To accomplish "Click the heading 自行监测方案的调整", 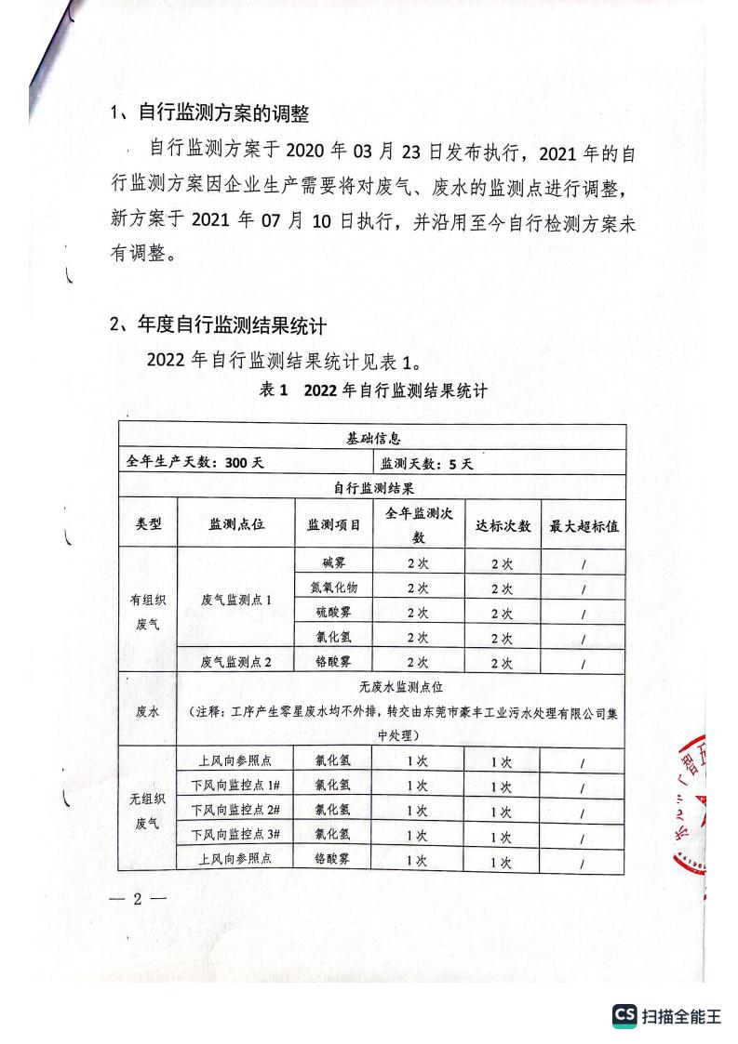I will (222, 114).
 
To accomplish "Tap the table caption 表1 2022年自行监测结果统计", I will (374, 390).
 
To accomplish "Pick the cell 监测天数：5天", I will (427, 463).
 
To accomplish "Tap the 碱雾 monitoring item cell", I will (333, 562).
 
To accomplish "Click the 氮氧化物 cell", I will (333, 588).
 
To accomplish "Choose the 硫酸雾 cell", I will (333, 613).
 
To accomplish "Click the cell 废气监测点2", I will (236, 663).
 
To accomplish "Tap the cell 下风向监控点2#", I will (236, 811).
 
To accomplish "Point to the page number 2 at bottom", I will (136, 899).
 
